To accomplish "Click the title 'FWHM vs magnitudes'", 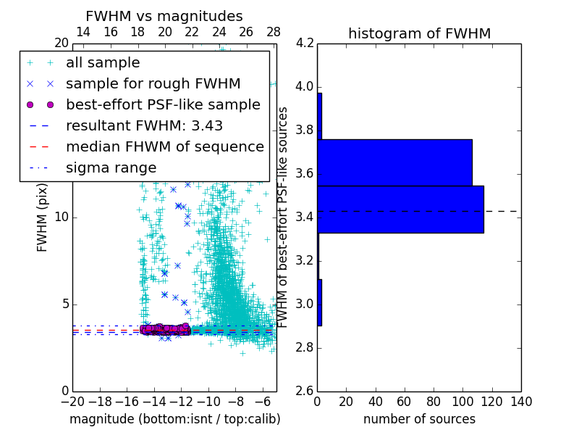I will coord(164,17).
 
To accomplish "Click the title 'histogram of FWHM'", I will coord(419,33).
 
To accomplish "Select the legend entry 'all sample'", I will coord(103,63).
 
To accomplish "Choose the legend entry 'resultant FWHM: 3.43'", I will coord(144,125).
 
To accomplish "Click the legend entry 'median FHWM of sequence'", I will coord(164,146).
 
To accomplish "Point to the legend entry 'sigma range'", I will coord(111,167).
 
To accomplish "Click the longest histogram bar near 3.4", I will coord(400,209).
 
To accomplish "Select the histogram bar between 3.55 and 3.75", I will coord(394,162).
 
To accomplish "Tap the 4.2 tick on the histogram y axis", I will coord(305,43).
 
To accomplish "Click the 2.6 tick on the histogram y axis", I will coord(305,391).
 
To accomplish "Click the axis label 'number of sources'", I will coord(419,419).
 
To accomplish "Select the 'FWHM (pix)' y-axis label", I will coord(42,217).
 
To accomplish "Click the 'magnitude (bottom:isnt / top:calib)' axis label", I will coord(174,419).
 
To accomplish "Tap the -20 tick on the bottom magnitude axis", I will coord(72,402).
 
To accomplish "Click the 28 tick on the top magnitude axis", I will coord(274,32).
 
